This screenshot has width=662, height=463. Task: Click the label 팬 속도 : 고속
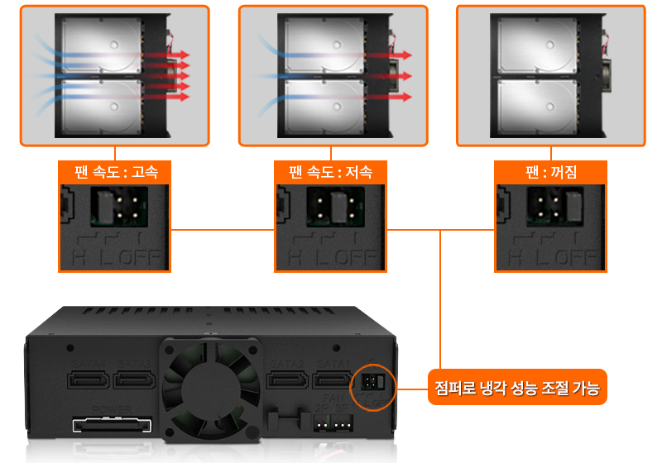click(x=115, y=173)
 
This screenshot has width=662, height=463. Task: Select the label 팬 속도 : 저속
click(x=331, y=173)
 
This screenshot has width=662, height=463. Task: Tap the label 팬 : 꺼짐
click(x=551, y=173)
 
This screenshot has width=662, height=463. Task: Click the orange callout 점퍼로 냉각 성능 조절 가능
click(x=518, y=386)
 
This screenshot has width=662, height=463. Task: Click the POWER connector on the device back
click(x=113, y=425)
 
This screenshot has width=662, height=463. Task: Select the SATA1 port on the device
click(x=332, y=380)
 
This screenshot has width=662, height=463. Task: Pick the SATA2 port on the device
click(x=285, y=380)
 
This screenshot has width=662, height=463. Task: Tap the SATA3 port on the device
click(x=135, y=380)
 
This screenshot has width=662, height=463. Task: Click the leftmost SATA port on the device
click(x=88, y=380)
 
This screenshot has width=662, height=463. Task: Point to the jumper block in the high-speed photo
click(x=115, y=205)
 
